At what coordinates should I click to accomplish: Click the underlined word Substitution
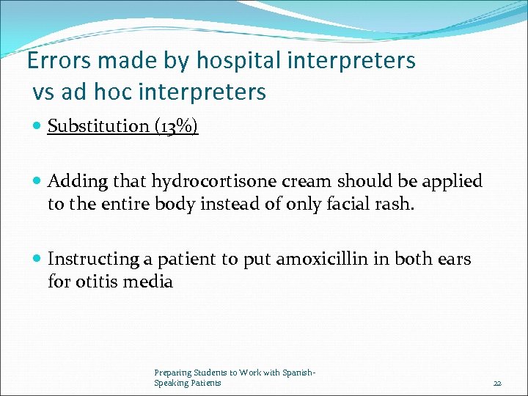pyautogui.click(x=98, y=126)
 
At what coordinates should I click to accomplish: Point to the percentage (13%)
pyautogui.click(x=176, y=126)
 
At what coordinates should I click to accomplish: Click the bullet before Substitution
pyautogui.click(x=38, y=127)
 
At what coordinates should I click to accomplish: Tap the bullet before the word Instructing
pyautogui.click(x=38, y=260)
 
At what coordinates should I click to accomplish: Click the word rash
pyautogui.click(x=396, y=203)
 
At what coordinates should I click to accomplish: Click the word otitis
pyautogui.click(x=96, y=281)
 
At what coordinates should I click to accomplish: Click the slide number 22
pyautogui.click(x=497, y=383)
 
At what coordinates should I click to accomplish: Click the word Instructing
pyautogui.click(x=92, y=259)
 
